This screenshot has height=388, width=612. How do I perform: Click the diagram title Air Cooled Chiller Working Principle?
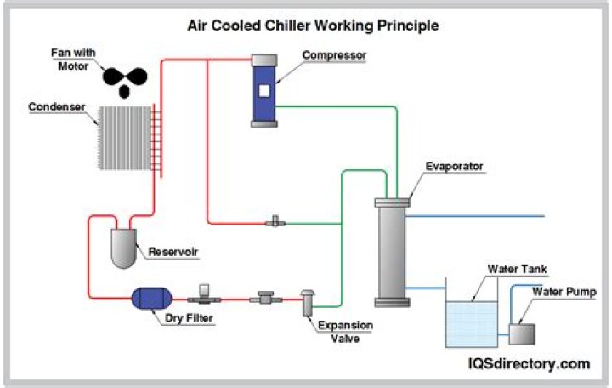pos(313,26)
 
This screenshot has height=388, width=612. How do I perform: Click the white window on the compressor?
pos(263,89)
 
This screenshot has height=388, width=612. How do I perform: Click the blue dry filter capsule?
pos(151,297)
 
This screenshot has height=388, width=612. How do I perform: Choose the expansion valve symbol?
pos(307,304)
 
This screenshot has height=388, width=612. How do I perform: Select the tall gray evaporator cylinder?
pos(391,252)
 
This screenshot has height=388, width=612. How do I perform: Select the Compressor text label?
pos(334,55)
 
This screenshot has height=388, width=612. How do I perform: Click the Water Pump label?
pos(564,292)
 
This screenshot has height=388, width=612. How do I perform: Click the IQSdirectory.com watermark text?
pos(527,364)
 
